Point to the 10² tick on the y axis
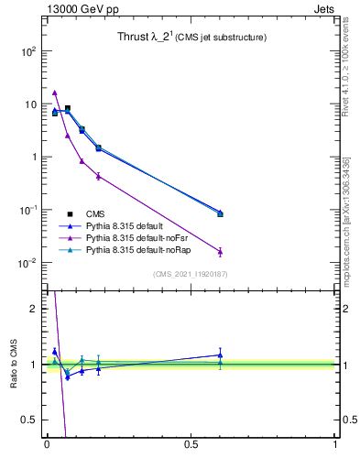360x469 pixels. click(x=27, y=51)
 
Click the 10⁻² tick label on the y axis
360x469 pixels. click(x=27, y=263)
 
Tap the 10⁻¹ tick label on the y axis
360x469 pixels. click(x=27, y=210)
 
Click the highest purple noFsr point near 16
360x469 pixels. click(x=55, y=93)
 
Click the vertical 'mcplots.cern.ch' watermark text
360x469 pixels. click(x=352, y=229)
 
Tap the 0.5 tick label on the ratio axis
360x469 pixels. click(x=27, y=421)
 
